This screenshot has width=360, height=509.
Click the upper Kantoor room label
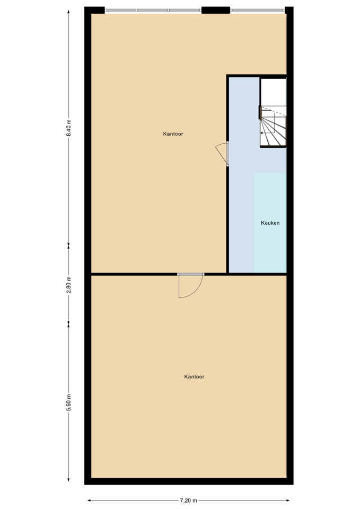coord(173,134)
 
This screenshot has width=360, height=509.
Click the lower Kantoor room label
coord(194,376)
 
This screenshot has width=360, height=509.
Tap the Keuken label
coord(270,223)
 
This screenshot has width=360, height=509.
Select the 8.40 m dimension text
coord(68,128)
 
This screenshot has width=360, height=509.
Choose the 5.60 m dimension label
coord(68,402)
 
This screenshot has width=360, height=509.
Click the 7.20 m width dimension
coord(189,500)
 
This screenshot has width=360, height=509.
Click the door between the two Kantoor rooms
coord(191,286)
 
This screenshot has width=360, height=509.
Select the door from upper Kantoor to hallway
coord(222,154)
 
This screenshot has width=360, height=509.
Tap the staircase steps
coord(274,127)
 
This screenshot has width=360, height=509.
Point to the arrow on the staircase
coord(268,133)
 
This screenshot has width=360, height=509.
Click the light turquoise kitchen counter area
coord(270,223)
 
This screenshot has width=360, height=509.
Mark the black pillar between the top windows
coord(216,10)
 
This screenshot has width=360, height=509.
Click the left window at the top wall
coord(153,11)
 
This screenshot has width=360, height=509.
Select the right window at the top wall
coord(258,11)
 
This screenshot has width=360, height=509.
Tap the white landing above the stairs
coord(274,92)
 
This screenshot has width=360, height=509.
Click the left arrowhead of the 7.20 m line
coord(89,501)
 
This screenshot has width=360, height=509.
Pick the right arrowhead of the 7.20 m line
coord(287,501)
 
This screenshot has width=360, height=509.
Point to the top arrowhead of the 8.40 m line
coord(68,12)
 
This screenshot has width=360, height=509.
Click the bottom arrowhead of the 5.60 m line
coord(68,479)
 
